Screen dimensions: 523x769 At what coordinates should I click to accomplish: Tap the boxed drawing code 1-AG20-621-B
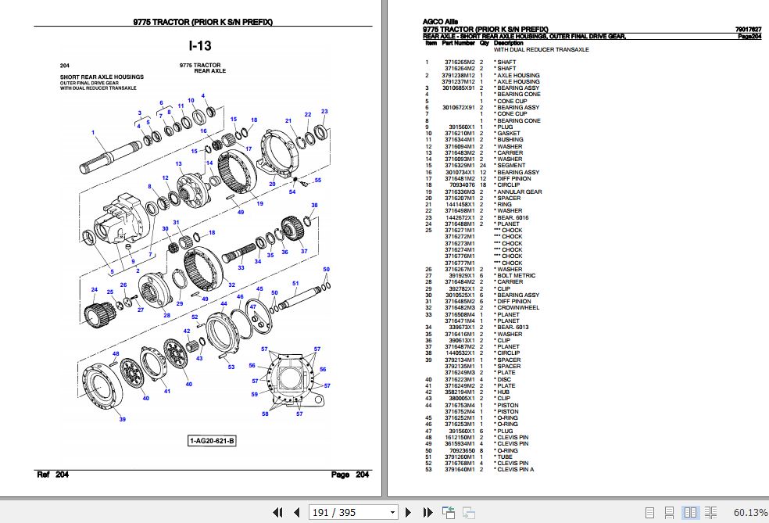[212, 442]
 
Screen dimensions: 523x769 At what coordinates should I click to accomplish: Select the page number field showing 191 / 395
[353, 512]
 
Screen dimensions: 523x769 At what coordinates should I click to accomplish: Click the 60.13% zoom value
[749, 512]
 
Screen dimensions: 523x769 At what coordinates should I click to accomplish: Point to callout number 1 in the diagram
[93, 132]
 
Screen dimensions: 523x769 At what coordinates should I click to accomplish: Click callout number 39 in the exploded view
[122, 420]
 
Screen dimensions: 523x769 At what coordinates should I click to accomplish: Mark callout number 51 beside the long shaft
[295, 283]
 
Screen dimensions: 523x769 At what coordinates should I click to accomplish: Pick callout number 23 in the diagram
[324, 111]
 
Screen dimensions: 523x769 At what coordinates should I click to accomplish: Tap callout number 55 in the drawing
[317, 181]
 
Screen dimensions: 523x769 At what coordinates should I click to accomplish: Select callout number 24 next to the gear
[95, 289]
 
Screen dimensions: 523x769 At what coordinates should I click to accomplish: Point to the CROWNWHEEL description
[518, 307]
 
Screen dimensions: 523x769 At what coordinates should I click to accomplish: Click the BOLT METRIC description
[516, 275]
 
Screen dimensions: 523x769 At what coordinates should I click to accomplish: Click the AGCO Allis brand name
[441, 22]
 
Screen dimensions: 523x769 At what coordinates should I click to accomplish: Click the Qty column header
[484, 43]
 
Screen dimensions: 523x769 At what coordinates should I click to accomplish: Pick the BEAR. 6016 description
[513, 217]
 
